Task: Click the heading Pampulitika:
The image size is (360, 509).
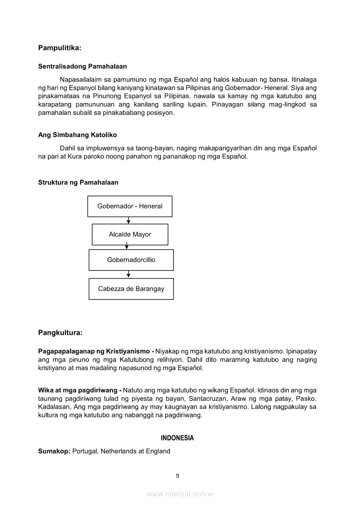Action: tap(60, 47)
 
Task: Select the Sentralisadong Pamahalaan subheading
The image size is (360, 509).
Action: tap(82, 67)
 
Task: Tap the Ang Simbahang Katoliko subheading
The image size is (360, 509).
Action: tap(78, 135)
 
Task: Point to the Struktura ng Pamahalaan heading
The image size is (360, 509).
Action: tap(78, 182)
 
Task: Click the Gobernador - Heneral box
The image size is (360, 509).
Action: tap(130, 206)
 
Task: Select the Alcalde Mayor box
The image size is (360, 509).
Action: tap(130, 234)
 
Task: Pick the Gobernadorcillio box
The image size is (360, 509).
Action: tap(131, 260)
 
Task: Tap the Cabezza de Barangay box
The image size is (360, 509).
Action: tap(131, 289)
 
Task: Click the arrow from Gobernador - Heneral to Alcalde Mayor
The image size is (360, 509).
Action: tap(129, 220)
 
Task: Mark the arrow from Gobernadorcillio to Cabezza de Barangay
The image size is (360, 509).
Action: tap(129, 274)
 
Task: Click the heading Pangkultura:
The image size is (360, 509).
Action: tap(60, 333)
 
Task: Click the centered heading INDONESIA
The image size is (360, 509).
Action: tap(177, 438)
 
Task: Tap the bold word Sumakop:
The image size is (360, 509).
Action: tap(54, 451)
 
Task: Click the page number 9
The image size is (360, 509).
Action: tap(177, 475)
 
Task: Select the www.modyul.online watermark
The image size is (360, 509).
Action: tap(180, 494)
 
